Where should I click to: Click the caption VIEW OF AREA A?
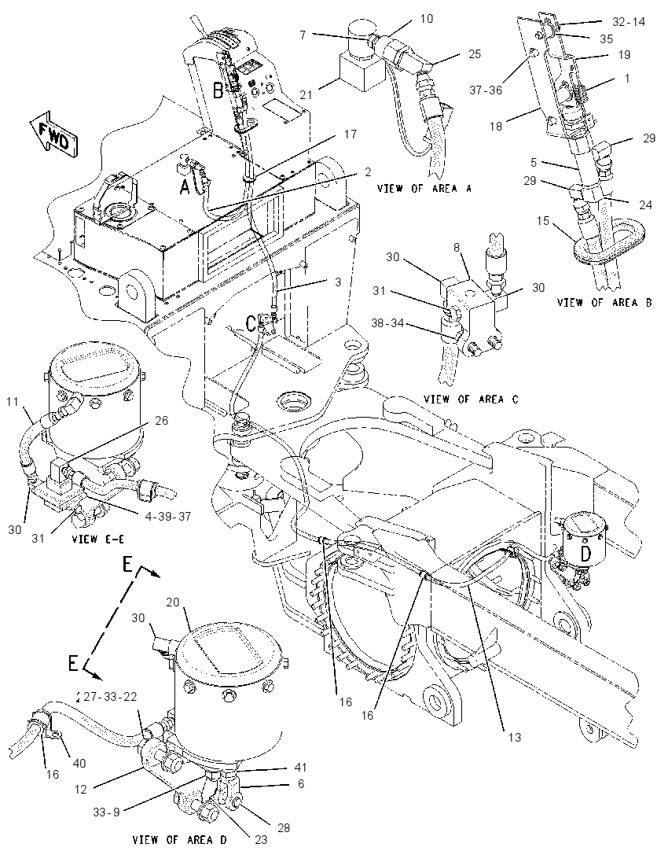click(x=424, y=189)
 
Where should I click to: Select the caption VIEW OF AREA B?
click(x=605, y=302)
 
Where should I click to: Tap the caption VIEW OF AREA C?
click(x=471, y=399)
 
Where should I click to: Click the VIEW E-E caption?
click(x=97, y=540)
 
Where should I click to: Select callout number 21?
click(x=306, y=94)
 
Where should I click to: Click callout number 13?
click(x=514, y=737)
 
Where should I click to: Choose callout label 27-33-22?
click(x=110, y=697)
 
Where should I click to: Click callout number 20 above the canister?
click(x=172, y=602)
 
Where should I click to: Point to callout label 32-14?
click(x=629, y=22)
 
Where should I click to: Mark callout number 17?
click(x=350, y=134)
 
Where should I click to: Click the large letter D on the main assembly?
click(x=585, y=554)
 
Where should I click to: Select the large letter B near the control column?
click(x=218, y=90)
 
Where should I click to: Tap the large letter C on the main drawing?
click(x=251, y=324)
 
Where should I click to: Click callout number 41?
click(x=300, y=767)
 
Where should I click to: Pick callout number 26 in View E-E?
click(x=162, y=421)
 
